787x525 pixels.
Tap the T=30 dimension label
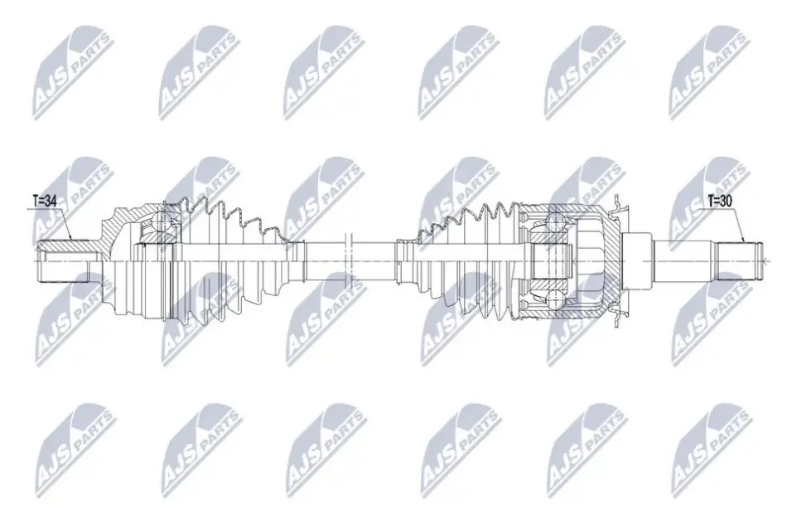point(720,201)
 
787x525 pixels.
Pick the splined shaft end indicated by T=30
point(738,261)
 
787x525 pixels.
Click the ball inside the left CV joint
point(161,221)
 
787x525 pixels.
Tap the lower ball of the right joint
point(554,300)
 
